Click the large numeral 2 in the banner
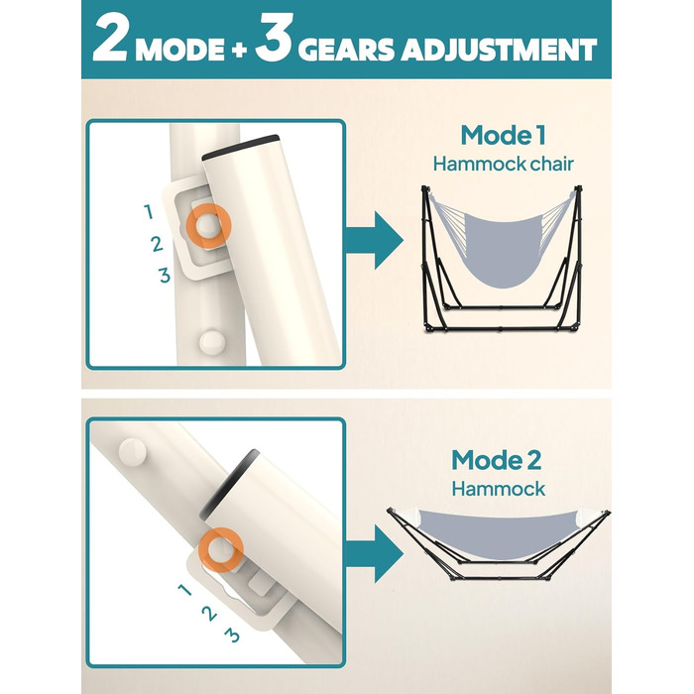(x=111, y=40)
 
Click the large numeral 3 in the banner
(x=275, y=38)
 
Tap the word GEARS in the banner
(x=347, y=50)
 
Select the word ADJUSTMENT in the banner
(x=500, y=50)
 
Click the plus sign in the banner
(x=239, y=50)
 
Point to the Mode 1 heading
(x=504, y=135)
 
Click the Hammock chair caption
(x=504, y=165)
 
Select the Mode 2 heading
(x=496, y=460)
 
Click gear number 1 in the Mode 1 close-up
(x=149, y=212)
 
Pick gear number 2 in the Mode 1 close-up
(x=157, y=244)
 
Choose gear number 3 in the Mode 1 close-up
(x=165, y=276)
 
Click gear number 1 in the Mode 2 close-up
(x=184, y=590)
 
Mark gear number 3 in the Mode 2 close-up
(x=232, y=636)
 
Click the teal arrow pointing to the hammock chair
(x=375, y=240)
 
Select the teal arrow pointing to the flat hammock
(x=375, y=553)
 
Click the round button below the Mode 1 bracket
(x=212, y=342)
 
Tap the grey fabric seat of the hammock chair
(x=504, y=248)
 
